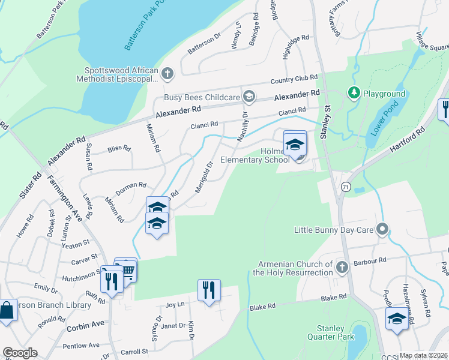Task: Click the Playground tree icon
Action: pos(354,94)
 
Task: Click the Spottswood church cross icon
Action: pos(167,74)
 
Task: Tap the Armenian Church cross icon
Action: pos(342,267)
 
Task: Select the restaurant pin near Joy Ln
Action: pos(209,290)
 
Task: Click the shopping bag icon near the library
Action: pos(7,311)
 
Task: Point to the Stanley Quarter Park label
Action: pos(331,332)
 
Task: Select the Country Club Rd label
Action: pos(294,79)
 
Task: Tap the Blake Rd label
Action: pos(334,298)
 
